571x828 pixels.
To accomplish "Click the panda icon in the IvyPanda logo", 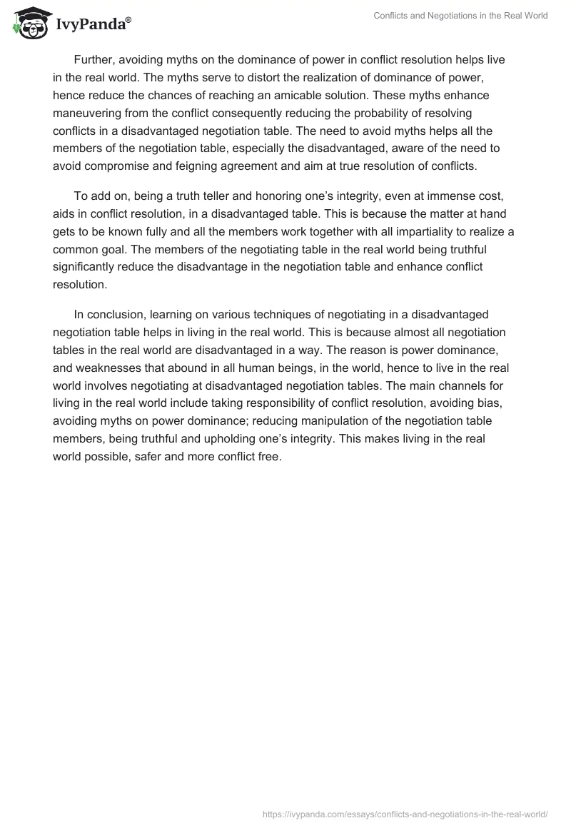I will click(29, 24).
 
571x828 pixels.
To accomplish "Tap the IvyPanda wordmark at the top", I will click(93, 25).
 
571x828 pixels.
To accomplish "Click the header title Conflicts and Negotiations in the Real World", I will click(460, 16).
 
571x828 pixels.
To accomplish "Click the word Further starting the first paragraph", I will click(97, 60).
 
